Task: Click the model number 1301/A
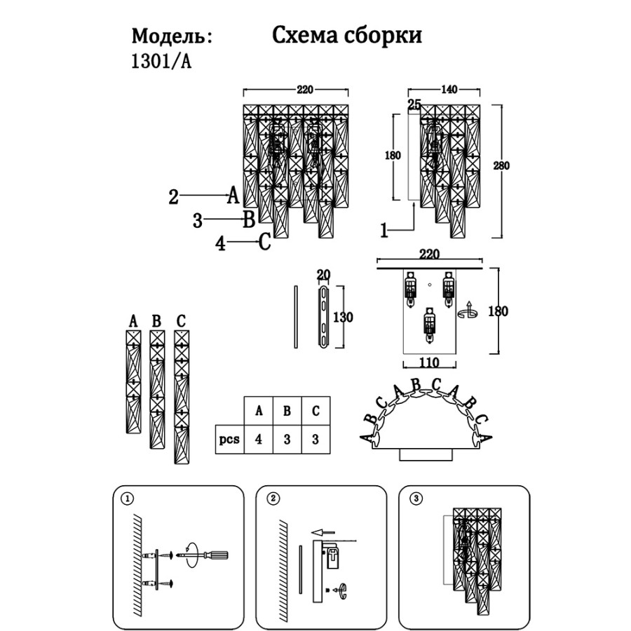[x=161, y=61]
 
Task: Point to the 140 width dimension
[x=449, y=89]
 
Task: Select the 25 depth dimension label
[x=414, y=105]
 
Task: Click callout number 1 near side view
[x=384, y=229]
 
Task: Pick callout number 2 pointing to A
[x=174, y=196]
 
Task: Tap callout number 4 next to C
[x=221, y=243]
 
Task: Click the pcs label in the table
[x=229, y=440]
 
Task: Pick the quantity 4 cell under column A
[x=259, y=440]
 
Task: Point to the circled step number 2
[x=273, y=498]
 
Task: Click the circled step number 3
[x=417, y=498]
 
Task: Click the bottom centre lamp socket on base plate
[x=429, y=325]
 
